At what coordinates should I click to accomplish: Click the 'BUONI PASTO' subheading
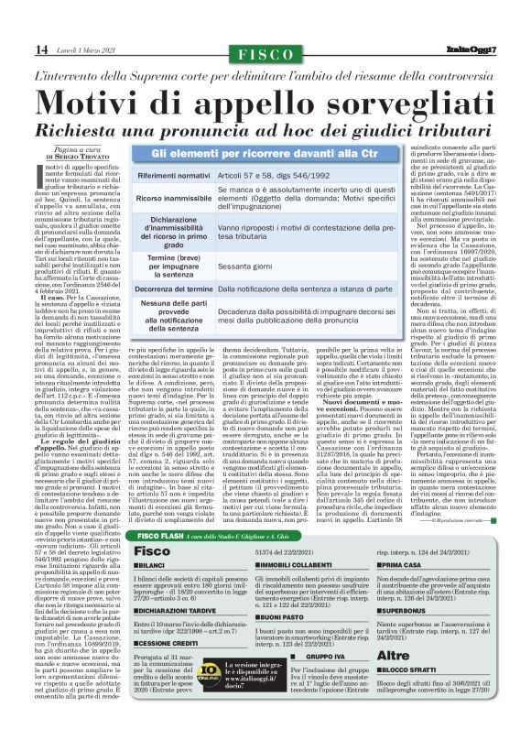276,641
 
